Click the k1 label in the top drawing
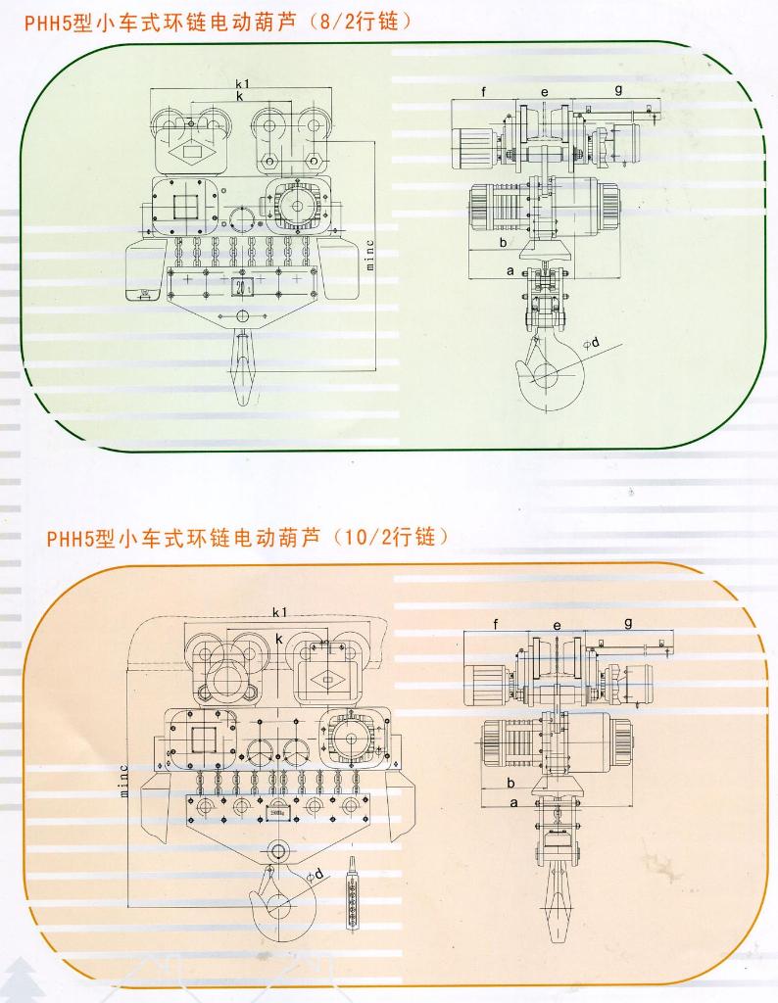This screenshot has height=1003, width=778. [241, 85]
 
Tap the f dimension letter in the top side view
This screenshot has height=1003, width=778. [483, 91]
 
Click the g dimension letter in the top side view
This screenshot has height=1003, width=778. [618, 89]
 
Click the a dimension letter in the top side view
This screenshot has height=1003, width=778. [510, 268]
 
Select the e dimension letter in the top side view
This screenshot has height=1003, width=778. [545, 92]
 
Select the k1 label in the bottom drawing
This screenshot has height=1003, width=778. [278, 612]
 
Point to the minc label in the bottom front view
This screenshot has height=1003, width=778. [124, 781]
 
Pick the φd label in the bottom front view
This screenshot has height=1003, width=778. [316, 875]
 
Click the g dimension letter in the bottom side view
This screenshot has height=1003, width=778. [627, 623]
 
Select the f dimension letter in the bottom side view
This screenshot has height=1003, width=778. [497, 624]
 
